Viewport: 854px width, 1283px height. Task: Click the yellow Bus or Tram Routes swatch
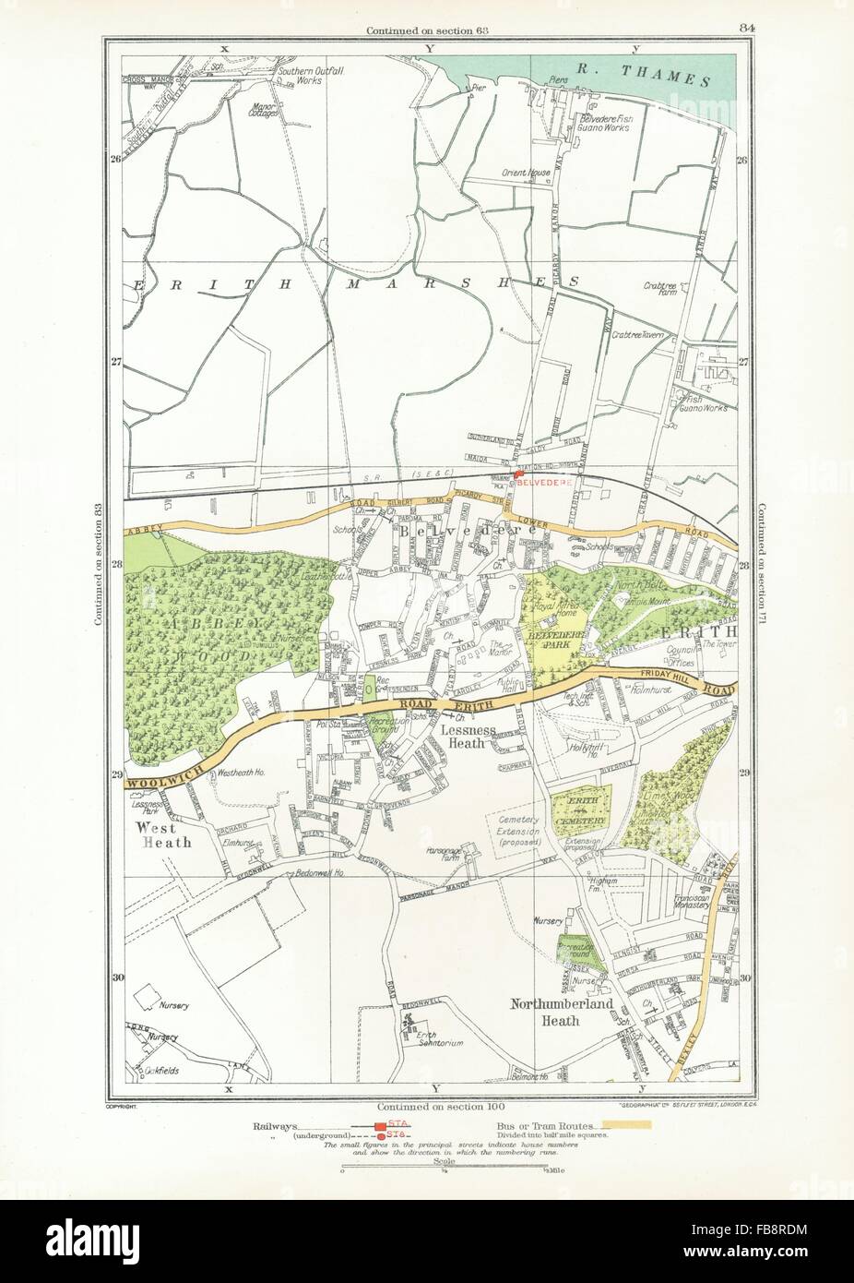(627, 1125)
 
